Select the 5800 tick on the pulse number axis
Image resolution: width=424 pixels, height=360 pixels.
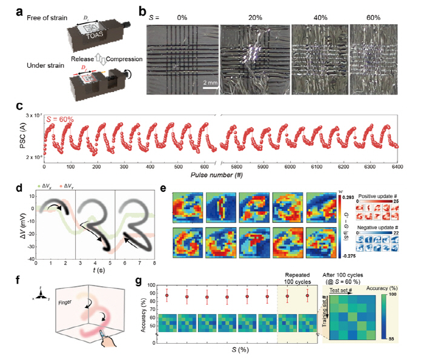coord(236,167)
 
